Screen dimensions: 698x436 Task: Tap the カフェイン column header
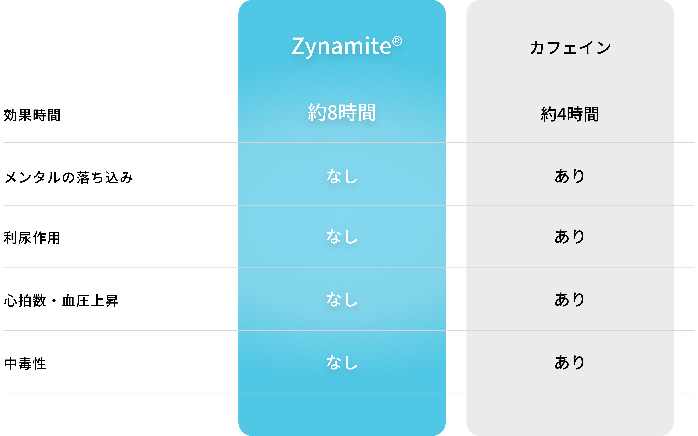(x=570, y=48)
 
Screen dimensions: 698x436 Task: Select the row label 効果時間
(x=32, y=115)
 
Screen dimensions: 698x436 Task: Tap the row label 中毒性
(x=25, y=363)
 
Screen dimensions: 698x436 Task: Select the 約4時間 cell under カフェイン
(x=570, y=114)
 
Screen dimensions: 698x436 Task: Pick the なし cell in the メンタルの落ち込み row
(x=342, y=176)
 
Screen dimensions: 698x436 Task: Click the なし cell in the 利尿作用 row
(x=342, y=236)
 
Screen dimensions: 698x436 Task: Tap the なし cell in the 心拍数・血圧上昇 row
(x=342, y=299)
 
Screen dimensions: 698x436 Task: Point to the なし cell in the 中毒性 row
(x=342, y=362)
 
